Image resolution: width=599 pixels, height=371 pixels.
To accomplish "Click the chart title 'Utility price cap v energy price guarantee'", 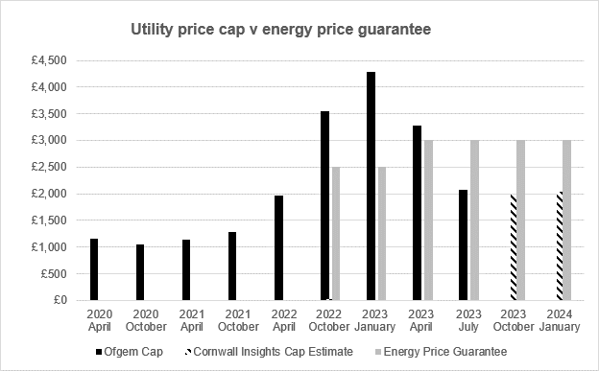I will tap(280, 30).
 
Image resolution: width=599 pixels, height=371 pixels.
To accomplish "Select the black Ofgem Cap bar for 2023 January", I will tap(371, 186).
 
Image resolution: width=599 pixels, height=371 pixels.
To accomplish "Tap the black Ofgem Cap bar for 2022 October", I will tap(324, 206).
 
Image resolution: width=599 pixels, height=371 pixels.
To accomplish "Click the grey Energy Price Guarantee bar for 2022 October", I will tap(335, 234).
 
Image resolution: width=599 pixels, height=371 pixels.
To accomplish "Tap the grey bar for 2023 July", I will tap(474, 220).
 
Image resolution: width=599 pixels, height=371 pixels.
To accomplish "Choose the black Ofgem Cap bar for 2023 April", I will tap(417, 213).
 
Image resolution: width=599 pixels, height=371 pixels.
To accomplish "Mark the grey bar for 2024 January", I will tap(566, 220).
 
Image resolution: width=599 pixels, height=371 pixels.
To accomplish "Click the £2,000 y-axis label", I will tap(47, 194).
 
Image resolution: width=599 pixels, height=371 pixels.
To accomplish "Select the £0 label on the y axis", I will tap(57, 300).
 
